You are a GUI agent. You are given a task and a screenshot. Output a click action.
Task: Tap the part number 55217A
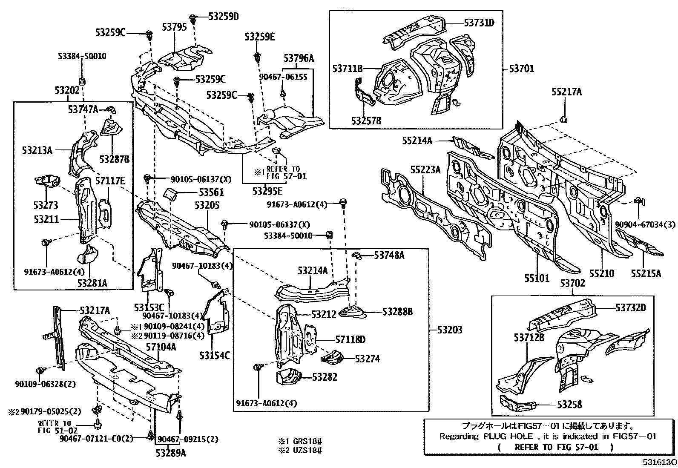[x=566, y=91]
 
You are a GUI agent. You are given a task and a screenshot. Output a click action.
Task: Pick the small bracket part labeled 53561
[x=170, y=194]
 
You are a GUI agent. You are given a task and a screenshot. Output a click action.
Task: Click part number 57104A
[x=161, y=347]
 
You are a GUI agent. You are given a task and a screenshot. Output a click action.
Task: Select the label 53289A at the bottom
[x=170, y=453]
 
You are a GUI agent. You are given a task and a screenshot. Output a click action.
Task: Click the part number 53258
[x=569, y=405]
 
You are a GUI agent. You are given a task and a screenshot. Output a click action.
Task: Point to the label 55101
[x=537, y=278]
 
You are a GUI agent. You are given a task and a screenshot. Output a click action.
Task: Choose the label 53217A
[x=95, y=310]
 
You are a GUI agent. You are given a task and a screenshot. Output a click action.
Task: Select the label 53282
[x=325, y=377]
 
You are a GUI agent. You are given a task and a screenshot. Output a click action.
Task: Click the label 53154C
[x=215, y=355]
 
